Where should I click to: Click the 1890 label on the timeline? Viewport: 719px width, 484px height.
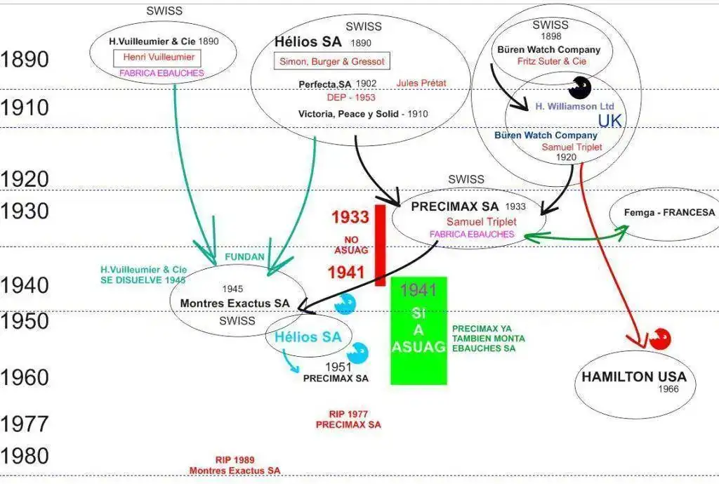click(25, 59)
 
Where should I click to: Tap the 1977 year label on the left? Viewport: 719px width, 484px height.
click(25, 424)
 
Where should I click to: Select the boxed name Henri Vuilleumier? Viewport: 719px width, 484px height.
click(159, 58)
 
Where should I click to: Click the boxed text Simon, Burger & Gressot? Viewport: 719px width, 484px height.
click(331, 61)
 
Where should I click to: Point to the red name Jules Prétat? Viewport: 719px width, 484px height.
click(421, 83)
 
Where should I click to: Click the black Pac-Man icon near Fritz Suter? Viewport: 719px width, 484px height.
click(580, 87)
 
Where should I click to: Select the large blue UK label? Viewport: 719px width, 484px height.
click(609, 120)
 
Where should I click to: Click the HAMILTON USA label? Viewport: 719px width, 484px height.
click(633, 377)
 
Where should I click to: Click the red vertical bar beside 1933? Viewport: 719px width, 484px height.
click(380, 244)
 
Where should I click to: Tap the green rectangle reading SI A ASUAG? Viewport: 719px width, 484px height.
click(418, 330)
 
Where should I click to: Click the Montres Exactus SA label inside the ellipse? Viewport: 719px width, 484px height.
click(235, 303)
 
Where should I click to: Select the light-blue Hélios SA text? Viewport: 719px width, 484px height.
click(308, 336)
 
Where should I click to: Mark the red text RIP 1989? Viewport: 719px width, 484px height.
click(235, 459)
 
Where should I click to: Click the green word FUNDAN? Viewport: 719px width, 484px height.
click(244, 257)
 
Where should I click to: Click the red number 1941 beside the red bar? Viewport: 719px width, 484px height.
click(348, 272)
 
